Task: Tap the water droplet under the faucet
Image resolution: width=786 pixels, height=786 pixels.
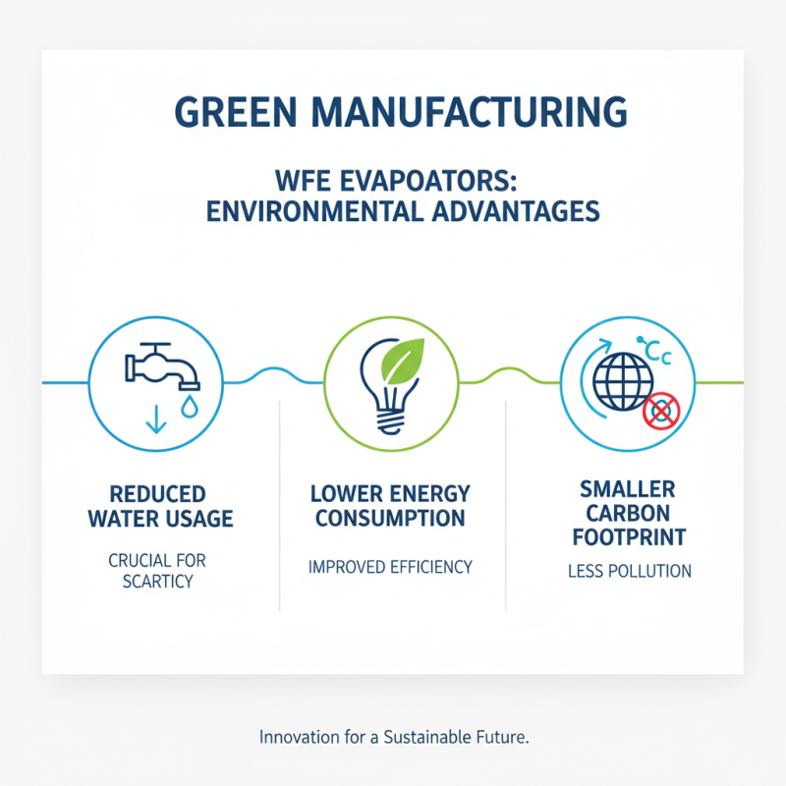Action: click(x=188, y=407)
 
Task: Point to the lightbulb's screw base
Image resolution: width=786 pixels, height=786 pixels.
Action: click(x=391, y=421)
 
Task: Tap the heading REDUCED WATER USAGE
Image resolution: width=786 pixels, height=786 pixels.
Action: click(x=160, y=505)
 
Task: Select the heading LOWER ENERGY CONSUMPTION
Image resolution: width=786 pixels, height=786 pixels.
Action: click(x=390, y=504)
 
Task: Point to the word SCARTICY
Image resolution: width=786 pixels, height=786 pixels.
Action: click(x=159, y=582)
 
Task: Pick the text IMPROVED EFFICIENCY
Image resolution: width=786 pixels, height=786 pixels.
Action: click(x=390, y=567)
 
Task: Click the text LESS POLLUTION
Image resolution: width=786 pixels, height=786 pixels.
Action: click(x=630, y=571)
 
